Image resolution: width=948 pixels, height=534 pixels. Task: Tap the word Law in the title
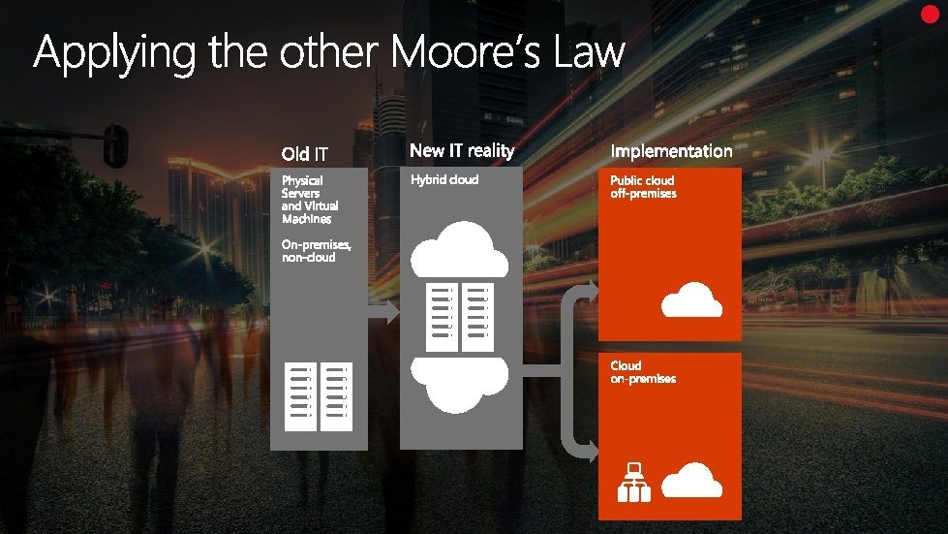(589, 52)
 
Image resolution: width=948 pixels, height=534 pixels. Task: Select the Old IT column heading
(305, 153)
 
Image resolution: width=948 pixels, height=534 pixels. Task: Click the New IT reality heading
(462, 150)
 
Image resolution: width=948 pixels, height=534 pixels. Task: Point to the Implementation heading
(671, 151)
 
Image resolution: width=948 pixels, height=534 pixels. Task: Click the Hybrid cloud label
(444, 180)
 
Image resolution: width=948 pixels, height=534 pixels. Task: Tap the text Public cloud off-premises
(643, 187)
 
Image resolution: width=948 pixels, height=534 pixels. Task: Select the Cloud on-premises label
(643, 372)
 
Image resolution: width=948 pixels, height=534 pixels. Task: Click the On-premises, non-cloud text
(316, 251)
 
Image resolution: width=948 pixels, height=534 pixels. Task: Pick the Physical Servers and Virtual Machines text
(310, 199)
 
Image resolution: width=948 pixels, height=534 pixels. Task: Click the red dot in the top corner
(932, 14)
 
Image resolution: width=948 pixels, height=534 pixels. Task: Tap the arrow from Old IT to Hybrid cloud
(382, 312)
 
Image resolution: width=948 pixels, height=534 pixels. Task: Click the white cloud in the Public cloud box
(691, 300)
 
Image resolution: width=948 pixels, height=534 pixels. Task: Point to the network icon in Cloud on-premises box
(635, 483)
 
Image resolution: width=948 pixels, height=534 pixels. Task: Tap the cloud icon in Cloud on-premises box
(693, 480)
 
